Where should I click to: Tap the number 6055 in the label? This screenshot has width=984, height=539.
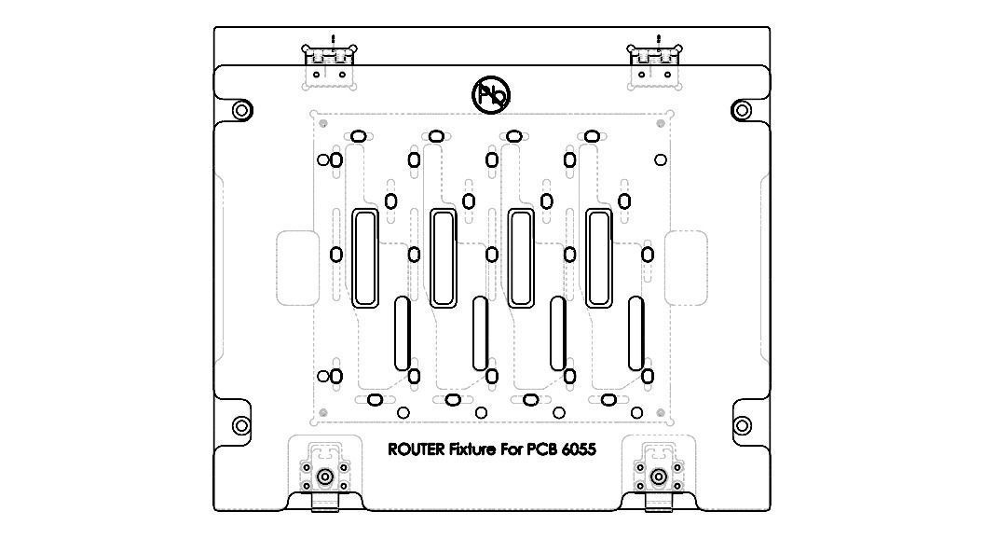click(577, 449)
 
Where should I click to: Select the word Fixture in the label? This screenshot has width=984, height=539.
click(474, 449)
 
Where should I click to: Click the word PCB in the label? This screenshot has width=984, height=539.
click(539, 449)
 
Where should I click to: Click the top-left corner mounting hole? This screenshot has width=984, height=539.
click(241, 110)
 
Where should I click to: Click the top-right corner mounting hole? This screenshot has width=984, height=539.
click(742, 110)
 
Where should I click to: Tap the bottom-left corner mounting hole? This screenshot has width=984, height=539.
click(241, 425)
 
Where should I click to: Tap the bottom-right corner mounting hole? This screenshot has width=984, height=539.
click(742, 425)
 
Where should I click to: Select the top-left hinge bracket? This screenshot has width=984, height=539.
click(330, 65)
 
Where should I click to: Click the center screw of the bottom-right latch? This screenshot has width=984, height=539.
click(659, 477)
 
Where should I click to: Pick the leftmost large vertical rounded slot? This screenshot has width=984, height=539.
click(364, 258)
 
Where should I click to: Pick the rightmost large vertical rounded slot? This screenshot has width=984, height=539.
click(598, 258)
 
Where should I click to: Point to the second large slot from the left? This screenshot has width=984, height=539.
click(443, 258)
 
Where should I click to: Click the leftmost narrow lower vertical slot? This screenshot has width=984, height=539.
click(403, 333)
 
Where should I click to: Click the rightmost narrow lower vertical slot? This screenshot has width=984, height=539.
click(636, 333)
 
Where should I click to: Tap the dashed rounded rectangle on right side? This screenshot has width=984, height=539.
click(686, 267)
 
